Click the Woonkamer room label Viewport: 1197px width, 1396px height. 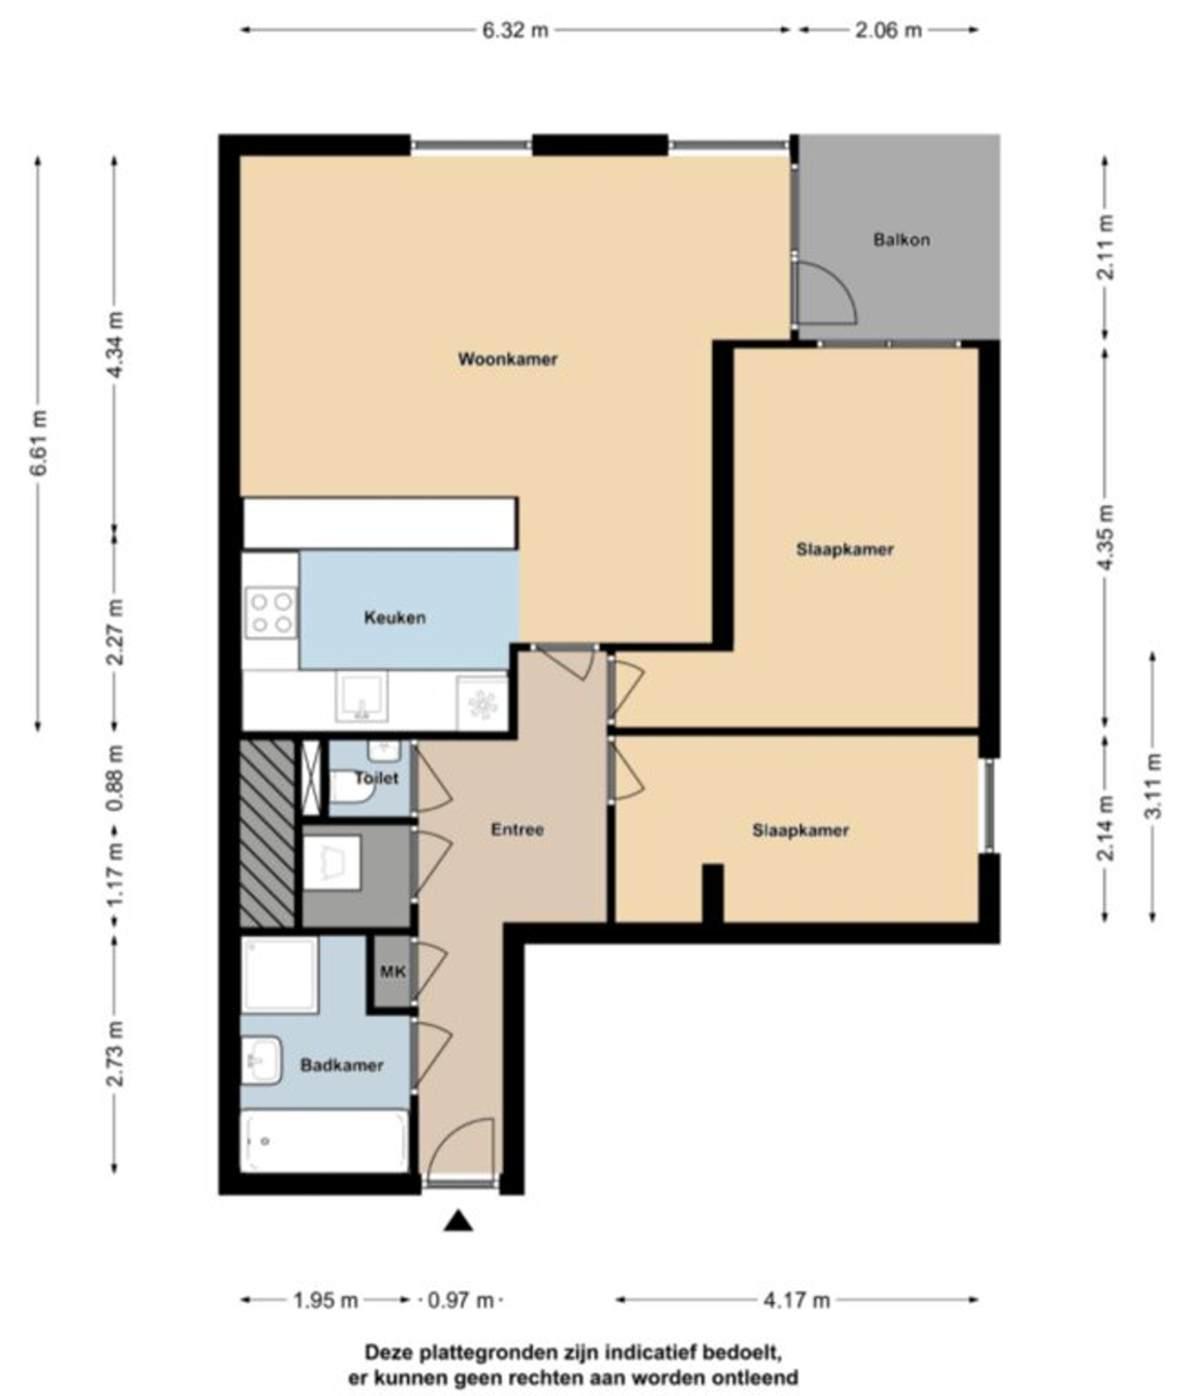click(x=507, y=359)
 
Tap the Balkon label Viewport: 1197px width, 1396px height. click(x=900, y=239)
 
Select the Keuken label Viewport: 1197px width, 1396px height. click(x=394, y=617)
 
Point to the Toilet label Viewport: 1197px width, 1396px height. click(x=376, y=777)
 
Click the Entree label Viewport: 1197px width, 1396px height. click(x=518, y=829)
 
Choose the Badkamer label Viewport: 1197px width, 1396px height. click(x=341, y=1064)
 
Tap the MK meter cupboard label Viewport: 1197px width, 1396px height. click(x=393, y=971)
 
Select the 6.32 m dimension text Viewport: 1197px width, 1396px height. click(x=515, y=30)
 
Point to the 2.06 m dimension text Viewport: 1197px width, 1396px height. click(x=889, y=30)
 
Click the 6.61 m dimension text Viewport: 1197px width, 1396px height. click(x=39, y=442)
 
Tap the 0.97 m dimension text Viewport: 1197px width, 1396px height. click(x=460, y=1299)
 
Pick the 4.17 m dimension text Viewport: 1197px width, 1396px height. click(x=796, y=1299)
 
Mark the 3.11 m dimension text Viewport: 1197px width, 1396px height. click(x=1153, y=785)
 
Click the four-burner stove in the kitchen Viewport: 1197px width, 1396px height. click(x=270, y=612)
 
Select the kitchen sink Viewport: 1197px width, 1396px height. click(x=362, y=696)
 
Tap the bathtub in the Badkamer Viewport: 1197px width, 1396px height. click(x=326, y=1141)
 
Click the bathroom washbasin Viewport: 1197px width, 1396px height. click(x=262, y=1061)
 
